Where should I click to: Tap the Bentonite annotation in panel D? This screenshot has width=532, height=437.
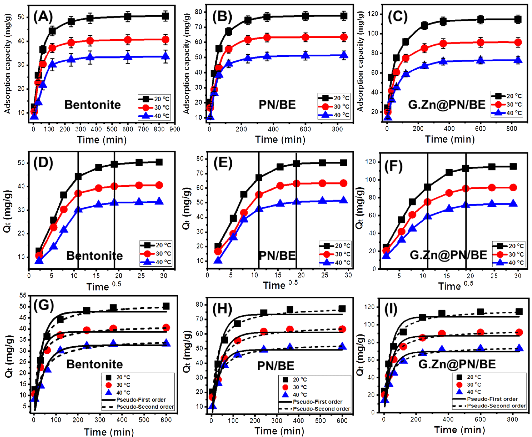94,256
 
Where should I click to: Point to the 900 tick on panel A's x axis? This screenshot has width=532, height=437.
175,129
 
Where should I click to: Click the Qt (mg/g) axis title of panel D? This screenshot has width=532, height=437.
8,211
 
